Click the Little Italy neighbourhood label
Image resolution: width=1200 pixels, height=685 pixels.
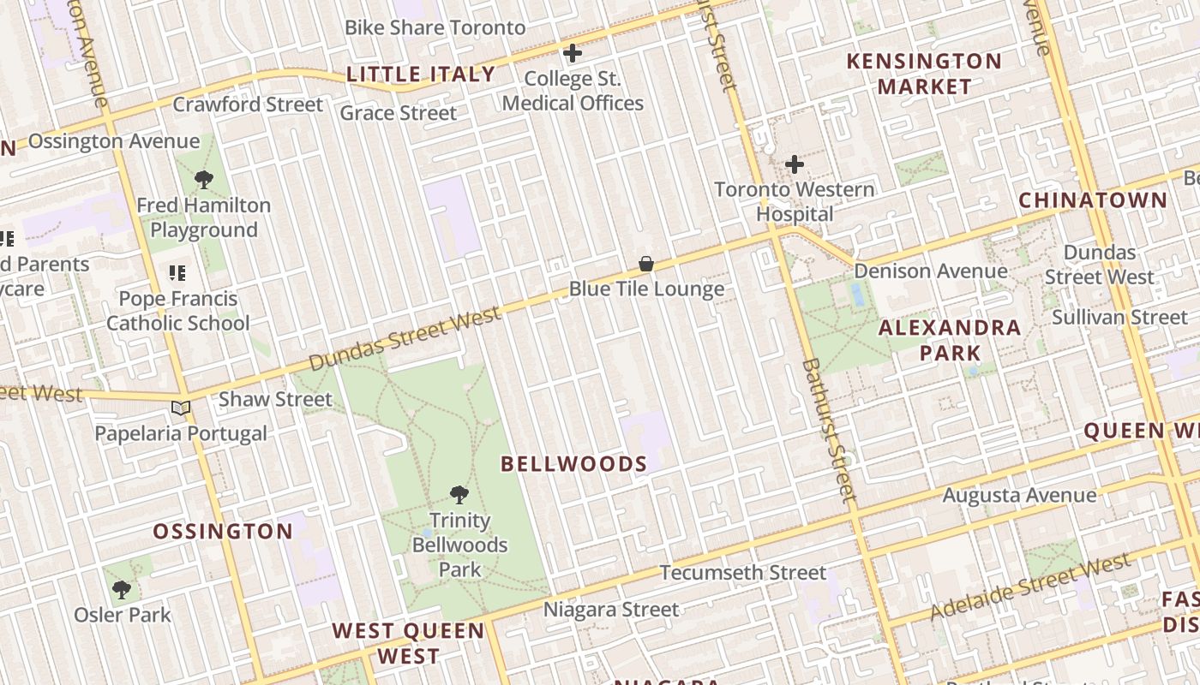(421, 74)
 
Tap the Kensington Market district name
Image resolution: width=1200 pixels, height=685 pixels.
(924, 74)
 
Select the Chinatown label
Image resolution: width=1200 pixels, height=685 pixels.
(1092, 200)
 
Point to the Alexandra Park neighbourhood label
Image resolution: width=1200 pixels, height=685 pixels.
(950, 340)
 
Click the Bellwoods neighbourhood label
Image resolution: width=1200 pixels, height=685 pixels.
(573, 464)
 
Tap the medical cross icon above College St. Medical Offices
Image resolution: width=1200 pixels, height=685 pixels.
(573, 53)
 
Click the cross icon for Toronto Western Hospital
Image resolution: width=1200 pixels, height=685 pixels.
(795, 164)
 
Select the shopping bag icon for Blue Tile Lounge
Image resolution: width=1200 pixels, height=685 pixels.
(646, 264)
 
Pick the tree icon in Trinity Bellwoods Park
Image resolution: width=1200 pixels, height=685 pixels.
(459, 495)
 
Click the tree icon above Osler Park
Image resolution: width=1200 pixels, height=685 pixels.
(122, 589)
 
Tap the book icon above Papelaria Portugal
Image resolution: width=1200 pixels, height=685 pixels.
(180, 408)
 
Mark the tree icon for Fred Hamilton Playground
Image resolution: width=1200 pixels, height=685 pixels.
(203, 180)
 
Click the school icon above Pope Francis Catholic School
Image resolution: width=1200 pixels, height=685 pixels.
(177, 273)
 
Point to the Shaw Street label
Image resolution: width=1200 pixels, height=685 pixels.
(275, 399)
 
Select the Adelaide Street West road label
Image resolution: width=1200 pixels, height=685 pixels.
(1029, 587)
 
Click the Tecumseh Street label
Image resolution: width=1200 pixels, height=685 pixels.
(743, 572)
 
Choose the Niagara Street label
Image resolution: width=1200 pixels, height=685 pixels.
(611, 610)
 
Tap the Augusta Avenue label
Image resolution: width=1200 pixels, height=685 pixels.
(1019, 495)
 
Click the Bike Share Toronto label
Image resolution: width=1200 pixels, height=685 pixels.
(435, 27)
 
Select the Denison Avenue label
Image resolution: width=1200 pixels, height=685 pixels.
(931, 271)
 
